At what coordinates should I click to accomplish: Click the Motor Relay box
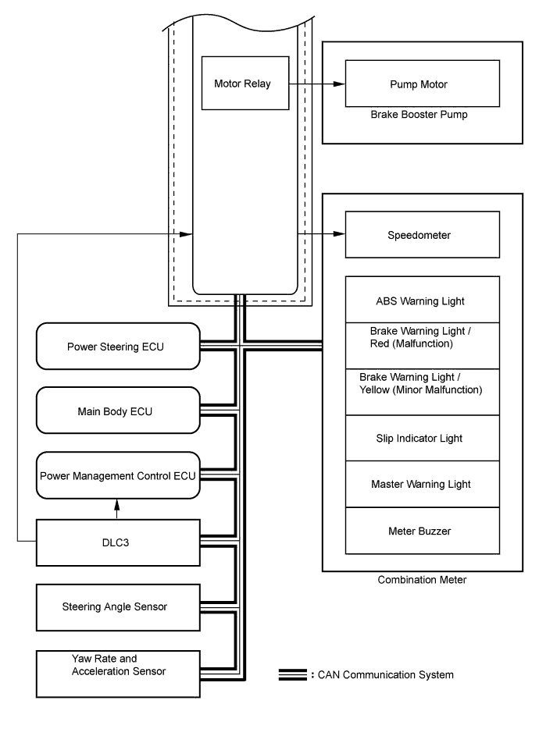tap(245, 84)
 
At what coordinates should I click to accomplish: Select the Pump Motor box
tap(423, 84)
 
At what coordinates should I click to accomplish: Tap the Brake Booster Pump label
tap(419, 115)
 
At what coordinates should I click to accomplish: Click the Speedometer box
tap(423, 235)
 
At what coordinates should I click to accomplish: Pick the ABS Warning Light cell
tap(423, 300)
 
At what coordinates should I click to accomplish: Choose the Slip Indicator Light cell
tap(423, 439)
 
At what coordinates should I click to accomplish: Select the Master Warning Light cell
tap(423, 484)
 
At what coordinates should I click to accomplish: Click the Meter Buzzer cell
tap(423, 531)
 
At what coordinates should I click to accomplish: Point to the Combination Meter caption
tap(422, 580)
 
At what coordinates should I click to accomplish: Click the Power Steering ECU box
tap(118, 347)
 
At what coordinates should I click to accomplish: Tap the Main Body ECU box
tap(118, 411)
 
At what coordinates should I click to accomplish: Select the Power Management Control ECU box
tap(118, 475)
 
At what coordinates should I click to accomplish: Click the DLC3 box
tap(118, 542)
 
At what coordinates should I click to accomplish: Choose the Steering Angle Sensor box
tap(118, 607)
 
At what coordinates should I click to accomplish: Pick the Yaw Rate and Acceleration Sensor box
tap(118, 674)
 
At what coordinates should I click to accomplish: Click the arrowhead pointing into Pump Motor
tap(339, 84)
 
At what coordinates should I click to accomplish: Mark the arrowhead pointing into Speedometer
tap(339, 233)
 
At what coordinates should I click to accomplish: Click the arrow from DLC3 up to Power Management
tap(117, 510)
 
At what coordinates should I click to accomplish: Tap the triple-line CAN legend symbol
tap(293, 675)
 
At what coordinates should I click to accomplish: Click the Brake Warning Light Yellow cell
tap(423, 393)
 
